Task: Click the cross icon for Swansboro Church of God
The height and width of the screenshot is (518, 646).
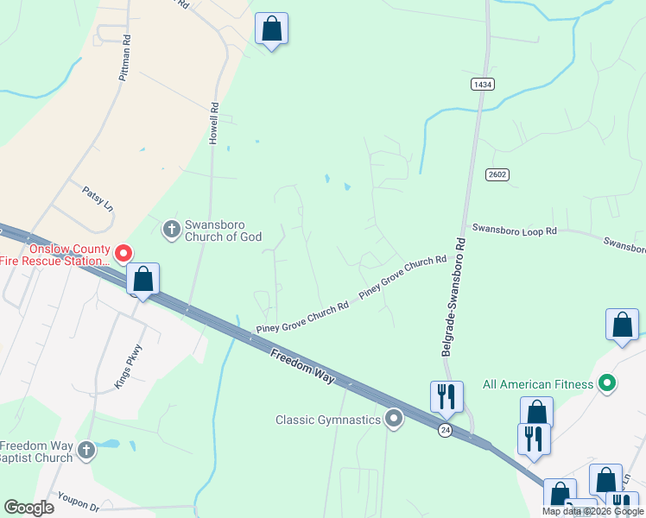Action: (x=171, y=229)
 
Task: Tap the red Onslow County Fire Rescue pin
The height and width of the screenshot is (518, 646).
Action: (x=123, y=253)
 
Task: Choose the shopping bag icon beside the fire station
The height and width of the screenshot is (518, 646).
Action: (x=142, y=280)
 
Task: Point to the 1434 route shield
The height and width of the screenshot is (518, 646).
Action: (x=482, y=84)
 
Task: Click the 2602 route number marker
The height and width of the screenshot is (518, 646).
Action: (x=497, y=174)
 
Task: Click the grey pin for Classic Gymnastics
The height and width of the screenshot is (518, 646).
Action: (x=395, y=420)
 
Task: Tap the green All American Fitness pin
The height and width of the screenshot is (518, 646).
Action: (x=607, y=383)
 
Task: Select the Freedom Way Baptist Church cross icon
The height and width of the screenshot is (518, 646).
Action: (x=85, y=450)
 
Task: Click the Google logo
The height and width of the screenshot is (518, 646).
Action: (x=28, y=508)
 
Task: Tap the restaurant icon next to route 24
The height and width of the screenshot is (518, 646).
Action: (x=446, y=396)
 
